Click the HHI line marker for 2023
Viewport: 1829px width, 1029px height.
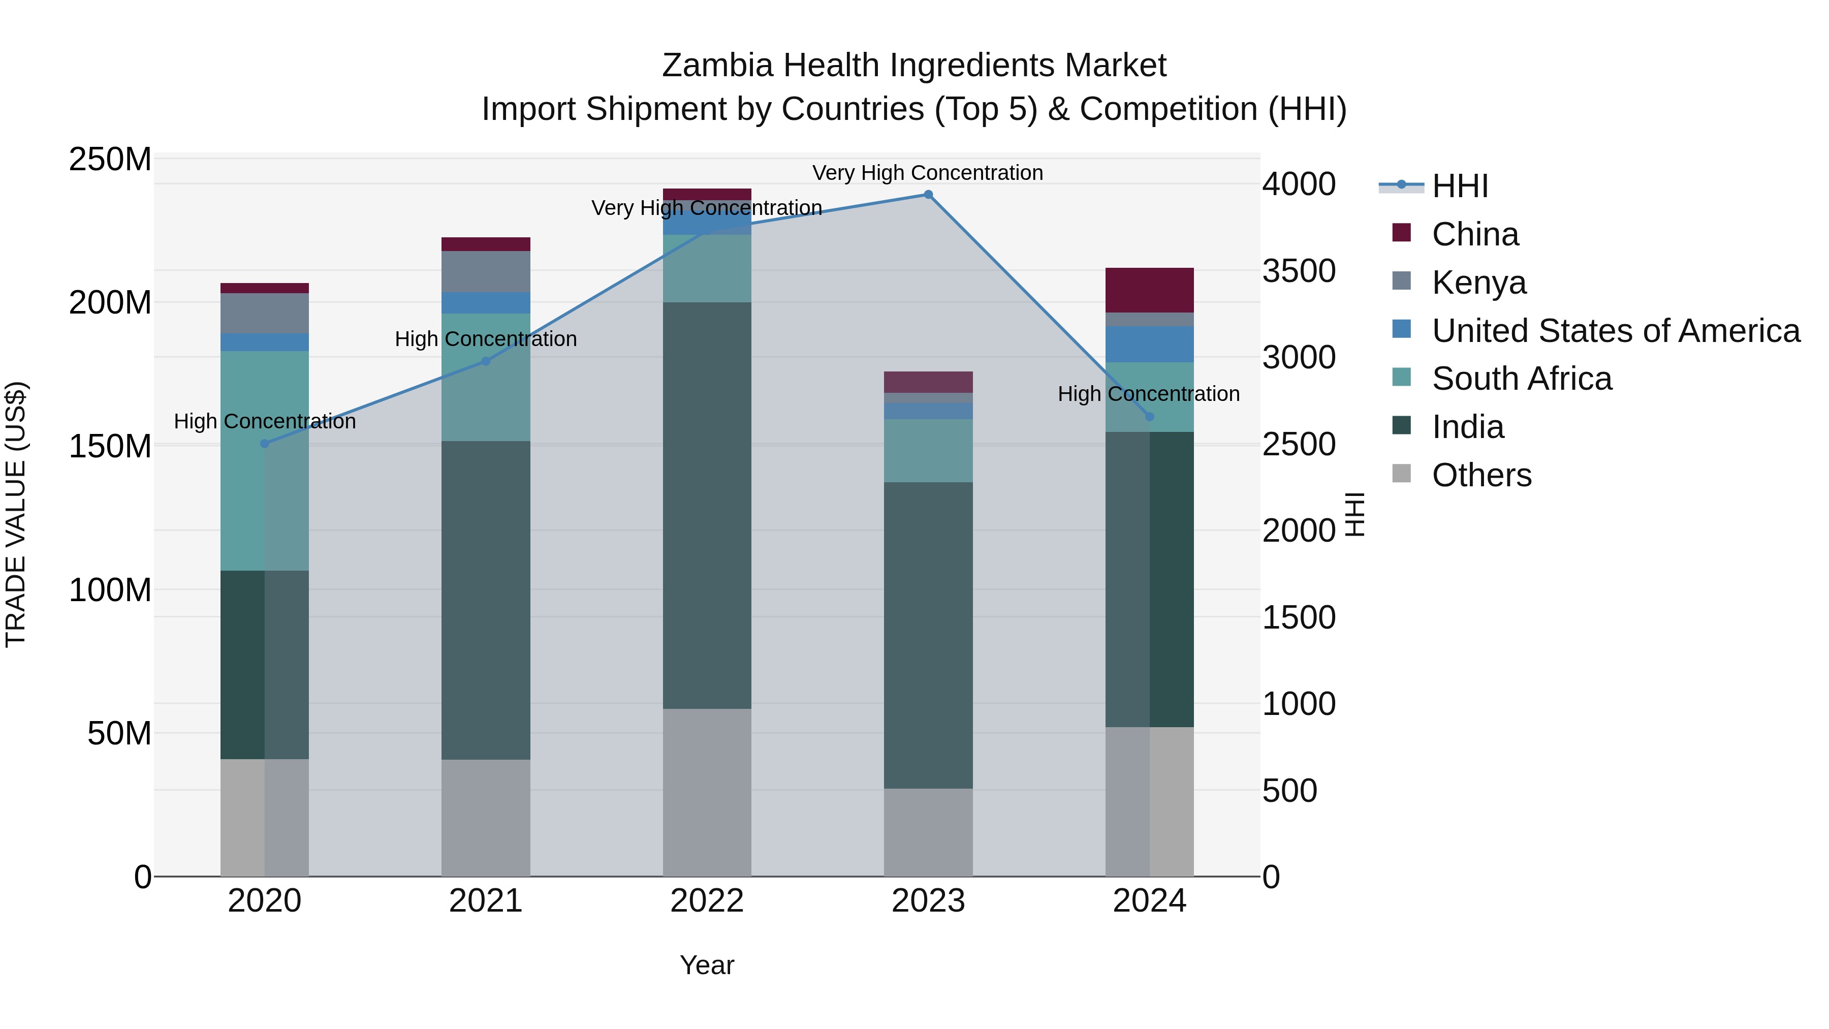[928, 195]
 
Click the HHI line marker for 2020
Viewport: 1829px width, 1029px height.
[265, 444]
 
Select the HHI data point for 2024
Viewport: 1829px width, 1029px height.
[1150, 417]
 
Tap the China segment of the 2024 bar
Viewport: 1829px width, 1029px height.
[1150, 291]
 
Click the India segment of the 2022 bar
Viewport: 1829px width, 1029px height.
[707, 506]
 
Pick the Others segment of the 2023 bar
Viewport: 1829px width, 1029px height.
[928, 832]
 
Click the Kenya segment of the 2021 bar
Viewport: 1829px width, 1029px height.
[486, 272]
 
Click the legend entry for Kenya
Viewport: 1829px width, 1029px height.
[1478, 283]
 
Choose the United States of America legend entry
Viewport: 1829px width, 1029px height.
[1615, 331]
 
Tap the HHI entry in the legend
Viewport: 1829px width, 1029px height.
[1460, 186]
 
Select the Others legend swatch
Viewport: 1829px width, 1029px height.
[1402, 474]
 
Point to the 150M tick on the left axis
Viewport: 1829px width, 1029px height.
[110, 447]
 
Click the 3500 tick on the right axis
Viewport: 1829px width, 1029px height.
[1299, 271]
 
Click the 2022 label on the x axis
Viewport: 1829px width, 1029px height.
[707, 901]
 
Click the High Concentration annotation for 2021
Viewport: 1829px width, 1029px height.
[486, 339]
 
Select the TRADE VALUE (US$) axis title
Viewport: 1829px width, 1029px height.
[16, 514]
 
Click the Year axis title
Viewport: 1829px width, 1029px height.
[707, 965]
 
